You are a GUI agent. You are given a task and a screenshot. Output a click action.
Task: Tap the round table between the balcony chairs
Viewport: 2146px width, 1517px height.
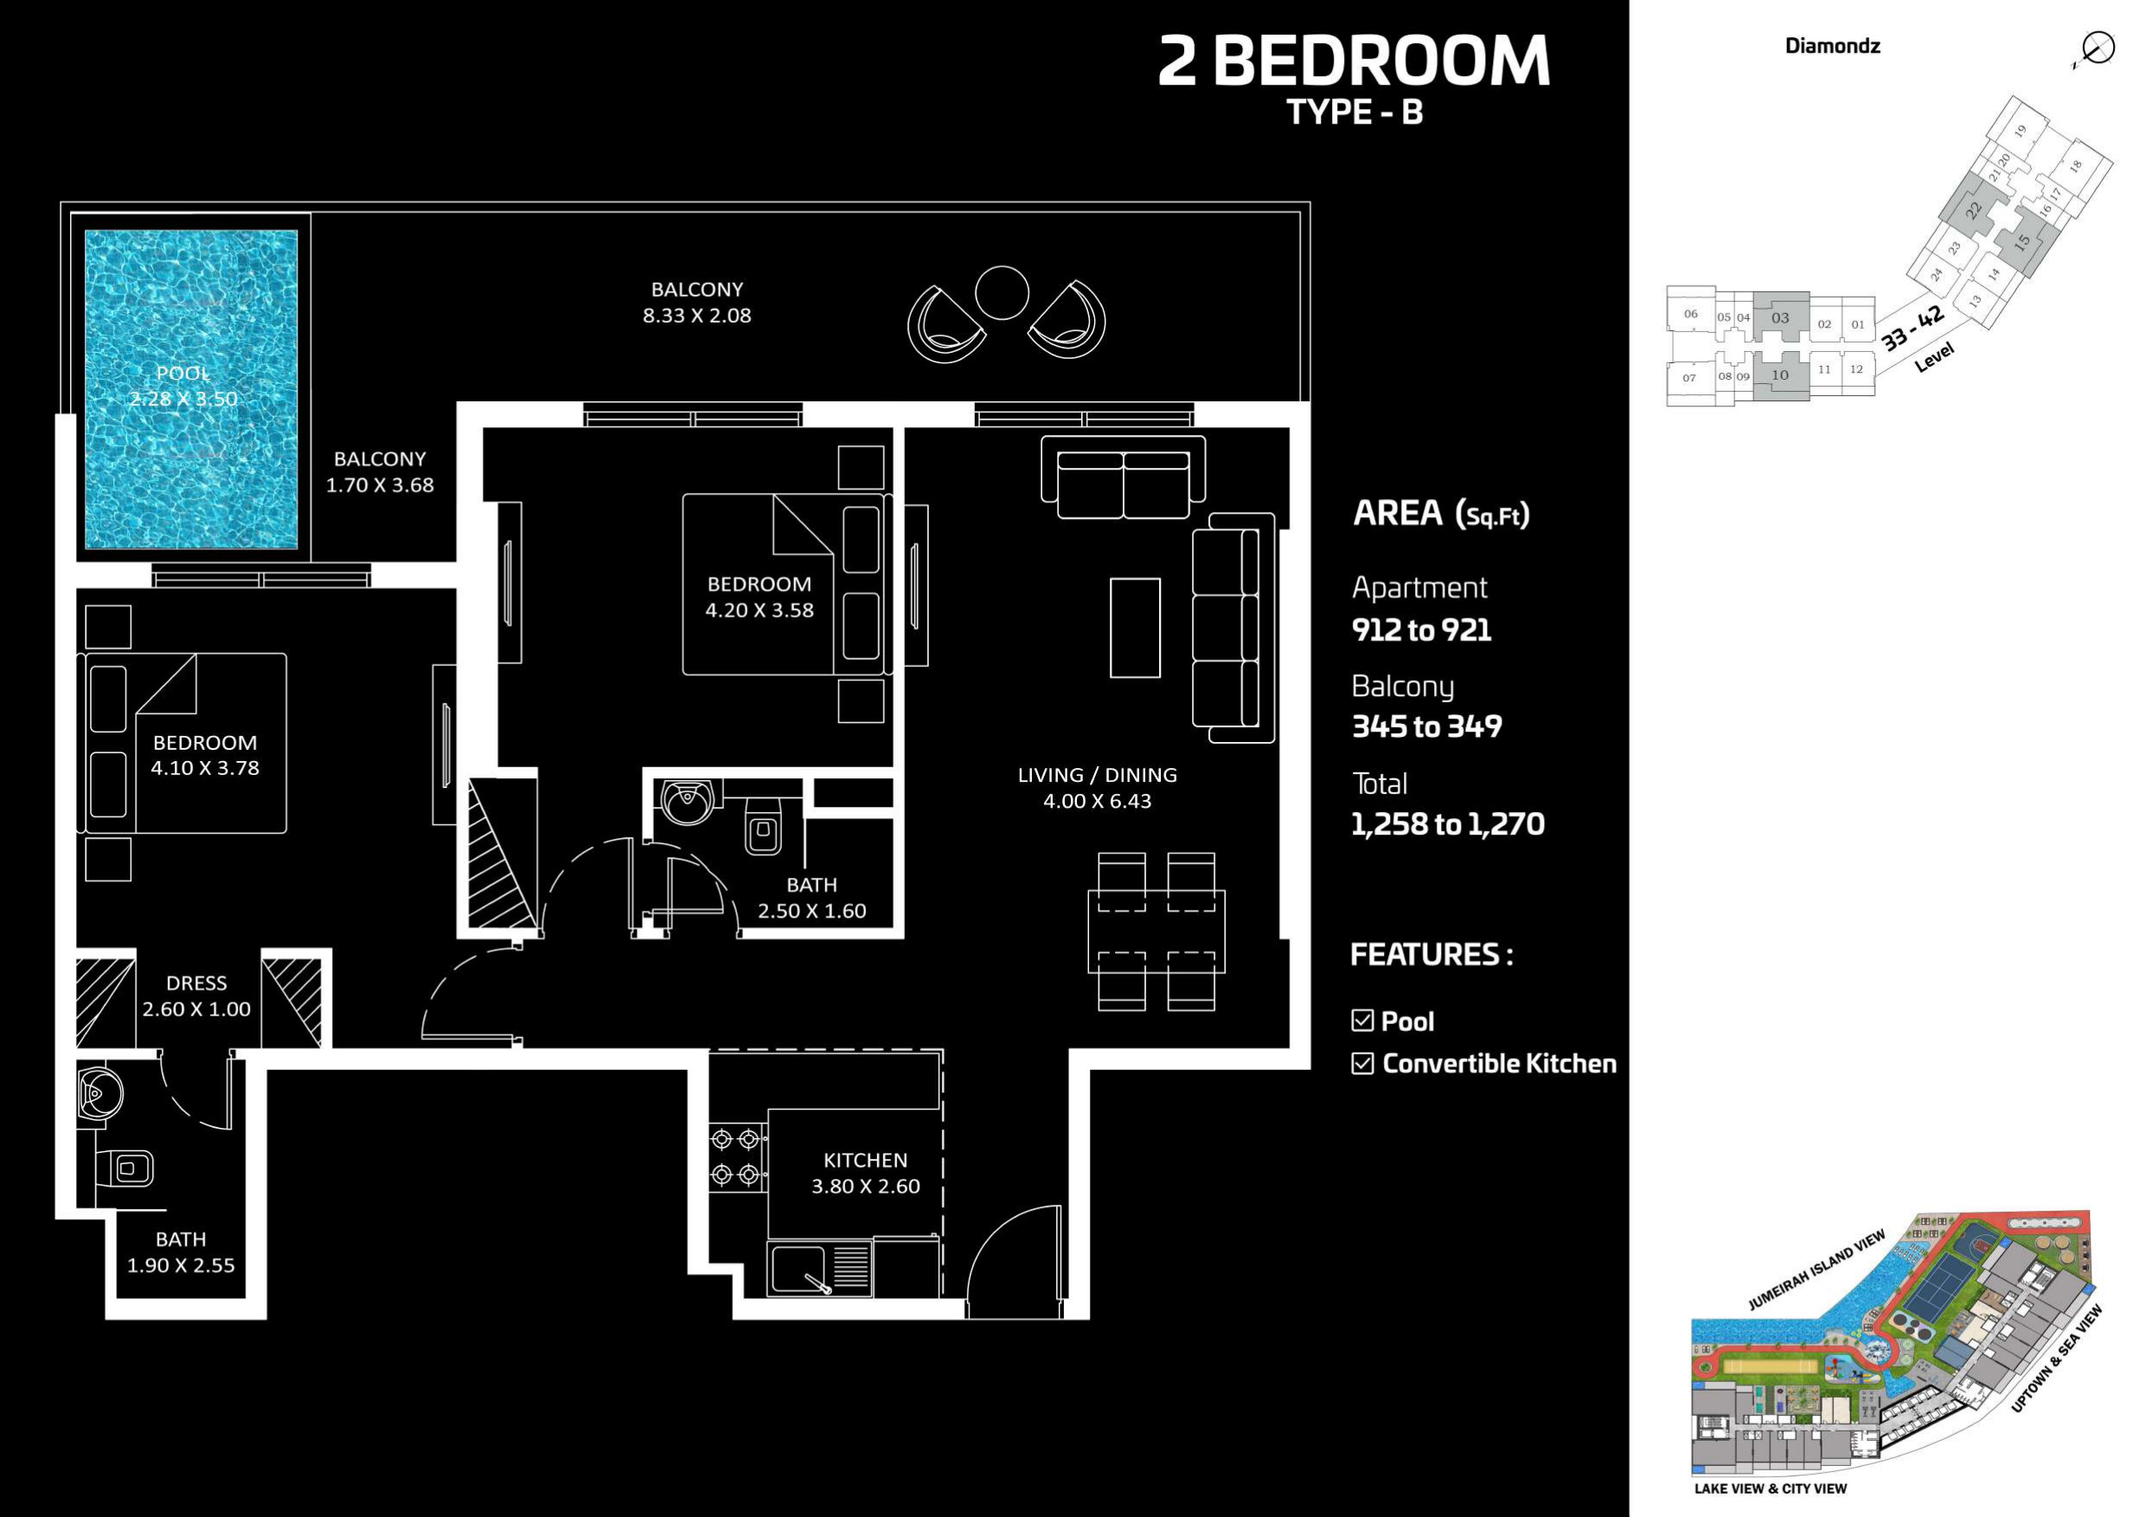[1002, 292]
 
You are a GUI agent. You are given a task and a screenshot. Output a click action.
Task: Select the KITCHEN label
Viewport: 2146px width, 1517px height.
[866, 1160]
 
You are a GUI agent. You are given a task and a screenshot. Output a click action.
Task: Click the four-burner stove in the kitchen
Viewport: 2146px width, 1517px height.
[735, 1156]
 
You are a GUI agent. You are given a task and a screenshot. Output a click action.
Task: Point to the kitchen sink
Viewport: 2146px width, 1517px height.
[820, 1269]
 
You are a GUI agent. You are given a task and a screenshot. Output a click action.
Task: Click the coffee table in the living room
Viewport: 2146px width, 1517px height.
[1135, 627]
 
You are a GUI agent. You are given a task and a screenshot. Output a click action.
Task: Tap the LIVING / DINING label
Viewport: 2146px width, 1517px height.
[1098, 775]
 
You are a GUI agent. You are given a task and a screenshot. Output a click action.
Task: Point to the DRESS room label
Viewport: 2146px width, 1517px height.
[196, 983]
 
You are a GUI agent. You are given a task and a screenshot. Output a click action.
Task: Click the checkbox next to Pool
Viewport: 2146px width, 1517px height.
[1362, 1021]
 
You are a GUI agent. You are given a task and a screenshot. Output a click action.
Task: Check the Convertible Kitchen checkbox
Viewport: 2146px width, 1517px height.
[1362, 1064]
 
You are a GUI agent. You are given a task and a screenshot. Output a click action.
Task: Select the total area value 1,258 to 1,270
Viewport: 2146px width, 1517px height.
[1448, 823]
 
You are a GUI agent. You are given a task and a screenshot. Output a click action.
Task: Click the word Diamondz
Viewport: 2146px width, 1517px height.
[1832, 46]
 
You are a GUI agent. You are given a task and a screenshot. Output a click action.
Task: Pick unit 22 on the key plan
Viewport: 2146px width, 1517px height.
[1973, 210]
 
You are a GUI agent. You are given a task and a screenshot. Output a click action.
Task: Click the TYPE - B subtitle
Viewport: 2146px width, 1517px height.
[1355, 112]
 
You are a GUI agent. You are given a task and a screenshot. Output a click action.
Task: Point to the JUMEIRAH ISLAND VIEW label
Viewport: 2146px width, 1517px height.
[1816, 1271]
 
